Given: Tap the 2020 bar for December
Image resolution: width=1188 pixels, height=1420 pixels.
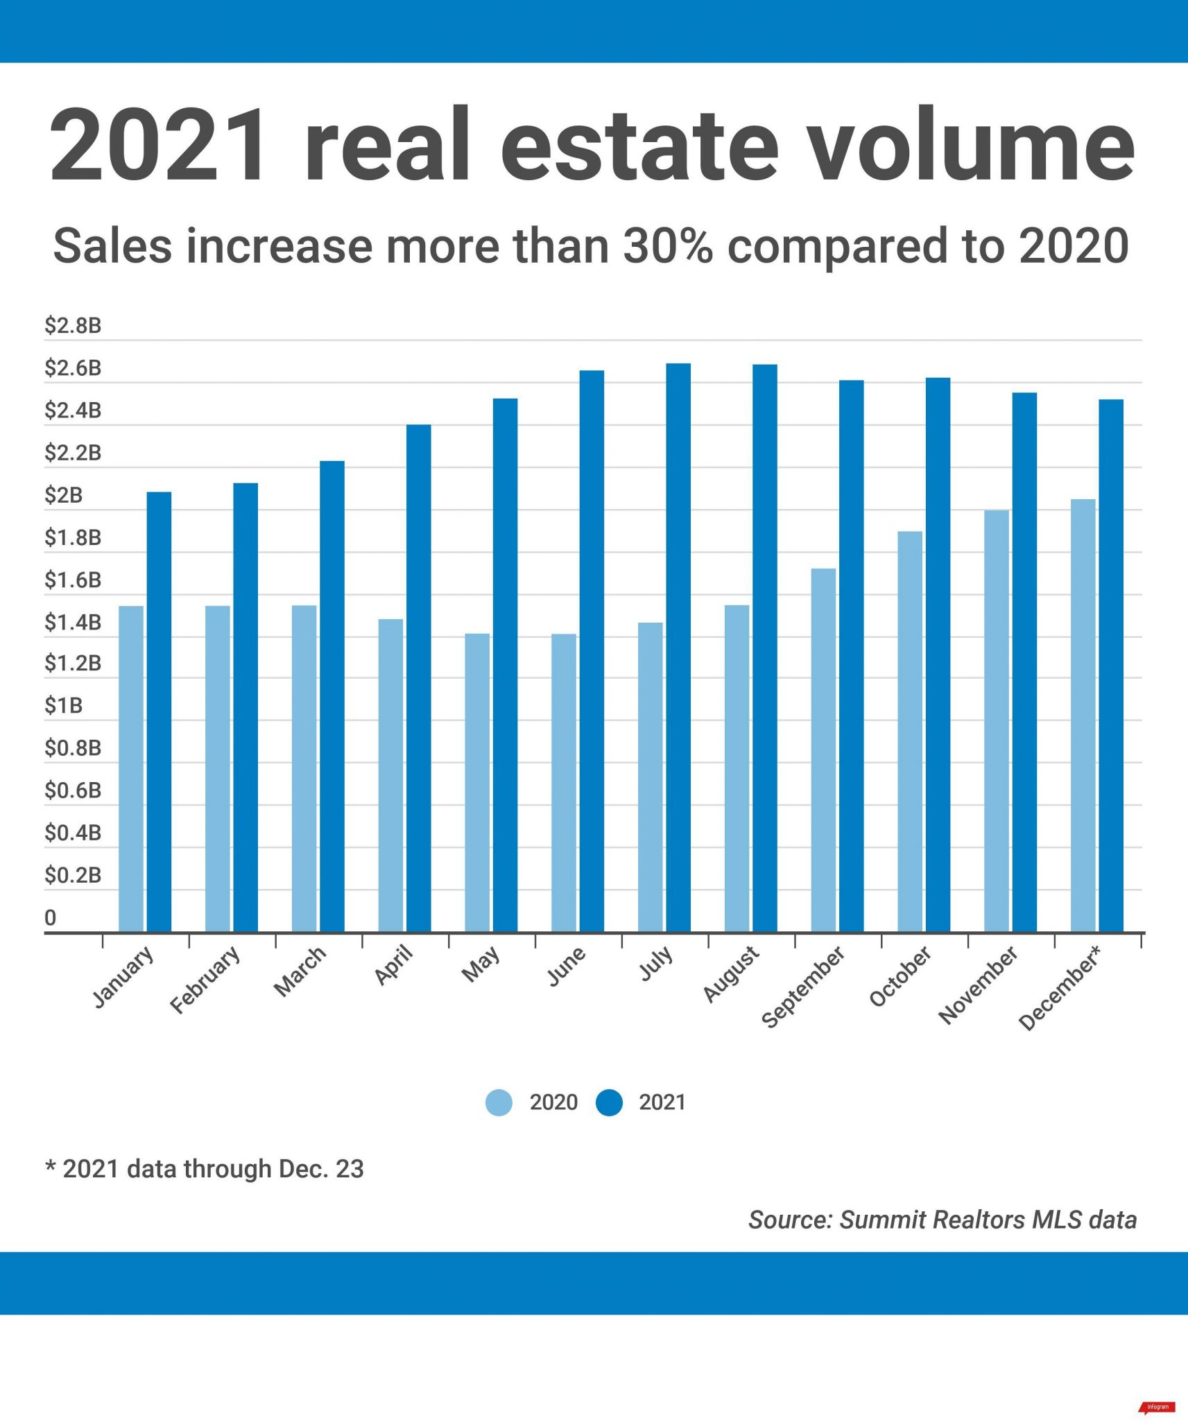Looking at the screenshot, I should pos(1083,715).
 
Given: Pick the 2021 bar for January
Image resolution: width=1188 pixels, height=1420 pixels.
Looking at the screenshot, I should pos(159,711).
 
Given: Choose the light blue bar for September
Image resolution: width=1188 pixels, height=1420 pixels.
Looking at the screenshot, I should pos(823,750).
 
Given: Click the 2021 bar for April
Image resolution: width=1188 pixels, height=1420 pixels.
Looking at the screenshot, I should pos(418,677).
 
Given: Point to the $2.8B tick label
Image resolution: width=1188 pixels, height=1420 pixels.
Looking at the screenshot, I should pos(73,325).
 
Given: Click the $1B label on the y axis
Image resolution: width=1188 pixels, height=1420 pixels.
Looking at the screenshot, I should pos(63,706).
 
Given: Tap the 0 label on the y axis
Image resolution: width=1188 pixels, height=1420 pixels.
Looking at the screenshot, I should pos(50,917).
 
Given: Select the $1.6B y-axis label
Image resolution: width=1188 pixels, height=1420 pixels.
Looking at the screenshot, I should pos(73,580).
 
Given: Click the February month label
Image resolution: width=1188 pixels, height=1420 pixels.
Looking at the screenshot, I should pos(205,980).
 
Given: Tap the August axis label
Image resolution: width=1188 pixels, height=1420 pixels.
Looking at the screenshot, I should pos(731,974).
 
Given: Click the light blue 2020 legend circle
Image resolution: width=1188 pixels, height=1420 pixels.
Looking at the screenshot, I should pos(499,1102).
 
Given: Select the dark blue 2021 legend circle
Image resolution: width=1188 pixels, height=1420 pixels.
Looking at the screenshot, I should pos(609,1102).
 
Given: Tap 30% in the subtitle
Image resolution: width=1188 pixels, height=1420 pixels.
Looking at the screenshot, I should pos(667,246).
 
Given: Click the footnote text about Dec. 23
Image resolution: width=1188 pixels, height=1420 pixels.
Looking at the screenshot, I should pos(205,1168).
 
